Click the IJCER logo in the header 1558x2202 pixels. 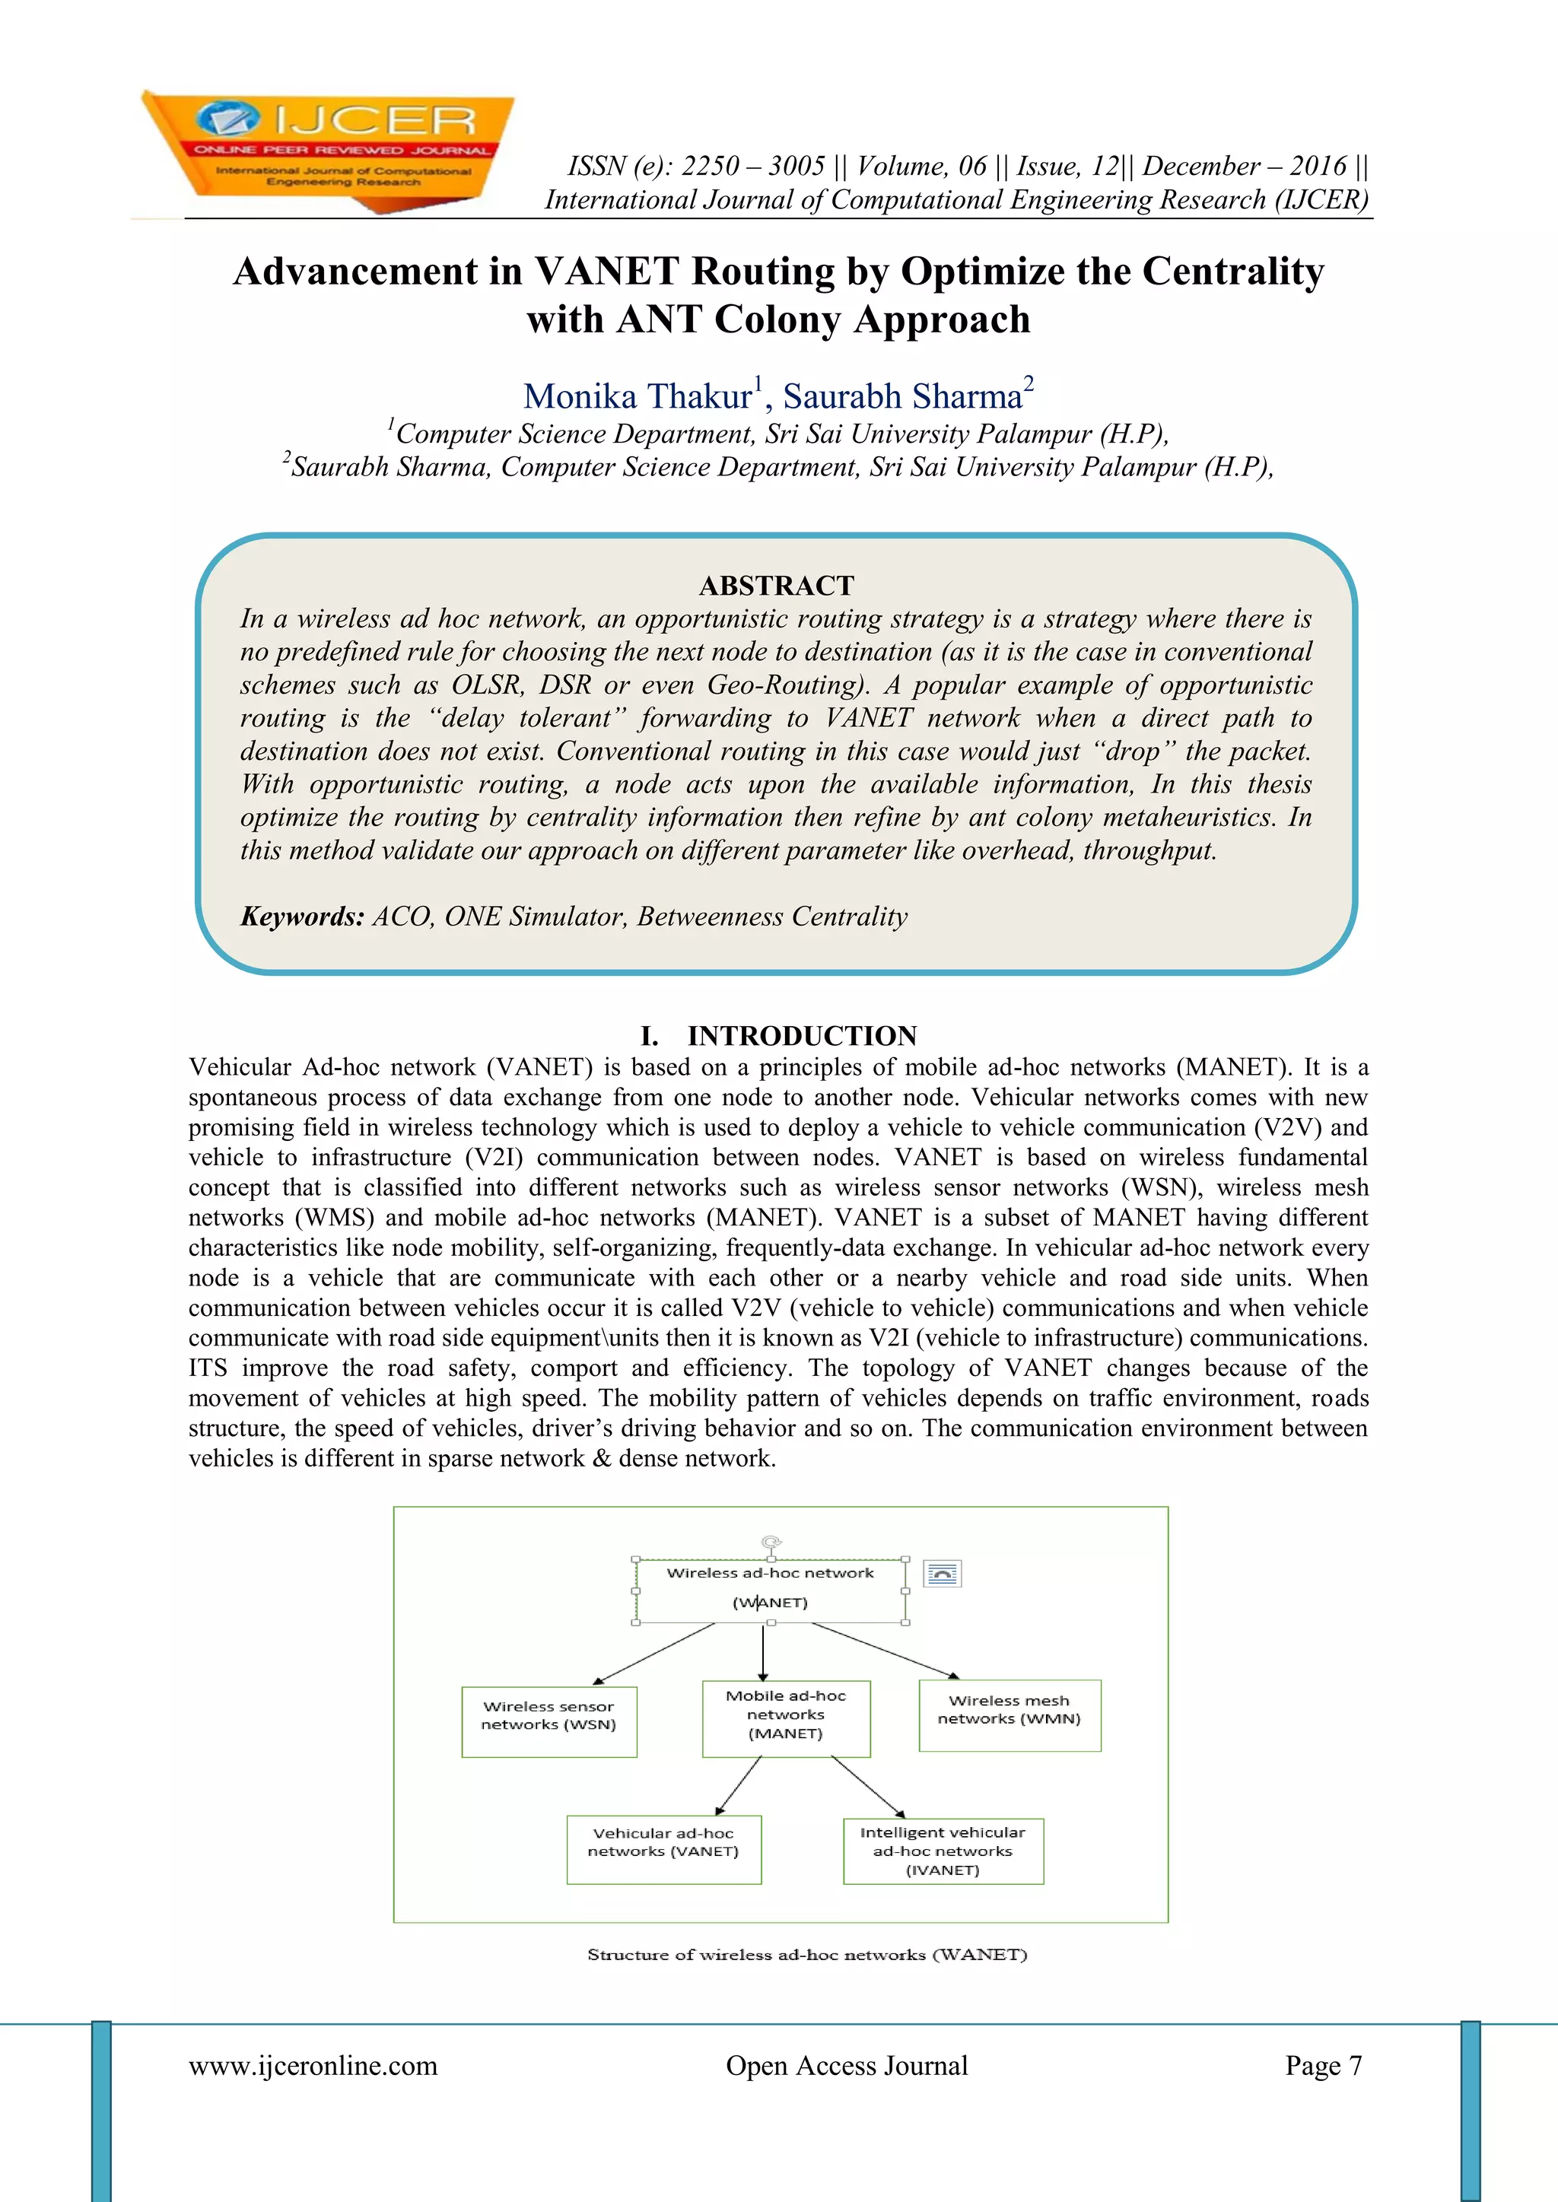pos(326,148)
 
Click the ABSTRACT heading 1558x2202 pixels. pos(776,585)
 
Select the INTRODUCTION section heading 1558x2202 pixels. pos(801,1036)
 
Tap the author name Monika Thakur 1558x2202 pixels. pos(638,396)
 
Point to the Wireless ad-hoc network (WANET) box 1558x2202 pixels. pos(771,1589)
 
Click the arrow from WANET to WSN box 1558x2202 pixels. pos(654,1653)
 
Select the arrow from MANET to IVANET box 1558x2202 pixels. pos(867,1787)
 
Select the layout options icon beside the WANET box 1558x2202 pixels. pos(942,1574)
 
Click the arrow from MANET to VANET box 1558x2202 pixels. pos(738,1786)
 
